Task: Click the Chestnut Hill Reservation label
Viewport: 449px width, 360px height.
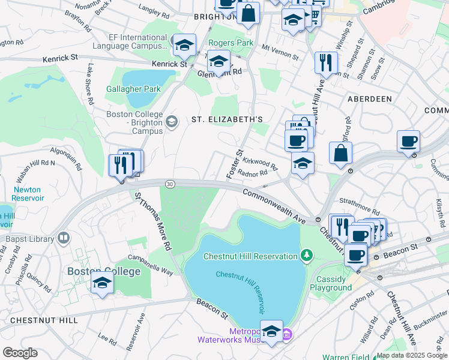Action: click(250, 256)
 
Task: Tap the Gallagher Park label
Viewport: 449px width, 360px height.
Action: click(133, 89)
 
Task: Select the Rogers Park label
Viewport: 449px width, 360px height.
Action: click(231, 43)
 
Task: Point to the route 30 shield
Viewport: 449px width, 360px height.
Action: click(170, 184)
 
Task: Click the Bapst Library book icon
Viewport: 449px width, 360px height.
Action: click(62, 239)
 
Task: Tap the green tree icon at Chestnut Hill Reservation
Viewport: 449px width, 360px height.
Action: click(307, 256)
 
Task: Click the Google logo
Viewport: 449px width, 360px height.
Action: click(20, 353)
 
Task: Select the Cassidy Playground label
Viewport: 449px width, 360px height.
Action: click(331, 283)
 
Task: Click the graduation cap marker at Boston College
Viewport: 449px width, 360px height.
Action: click(103, 282)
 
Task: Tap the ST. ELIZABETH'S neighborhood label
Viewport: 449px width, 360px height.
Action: click(228, 119)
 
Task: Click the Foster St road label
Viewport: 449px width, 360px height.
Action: click(235, 163)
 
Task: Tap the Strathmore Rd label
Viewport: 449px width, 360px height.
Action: click(358, 208)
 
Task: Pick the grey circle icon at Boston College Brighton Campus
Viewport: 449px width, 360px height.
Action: click(172, 122)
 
